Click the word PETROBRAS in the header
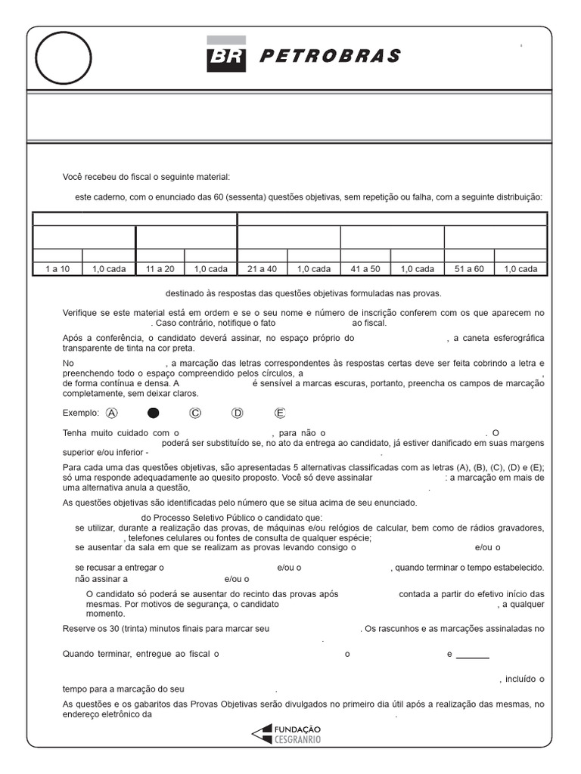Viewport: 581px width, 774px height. click(329, 56)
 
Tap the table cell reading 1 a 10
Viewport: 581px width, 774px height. click(57, 268)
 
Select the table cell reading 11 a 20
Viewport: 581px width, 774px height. click(160, 268)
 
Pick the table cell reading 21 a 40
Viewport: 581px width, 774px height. click(263, 268)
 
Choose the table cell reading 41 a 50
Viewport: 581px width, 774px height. click(366, 268)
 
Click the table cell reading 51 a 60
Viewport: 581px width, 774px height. click(469, 268)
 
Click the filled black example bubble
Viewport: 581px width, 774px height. click(154, 413)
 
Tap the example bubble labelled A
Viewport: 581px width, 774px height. click(113, 413)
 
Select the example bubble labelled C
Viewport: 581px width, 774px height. click(195, 413)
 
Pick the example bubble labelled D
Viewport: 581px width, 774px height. click(238, 413)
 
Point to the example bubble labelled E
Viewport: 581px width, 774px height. click(280, 413)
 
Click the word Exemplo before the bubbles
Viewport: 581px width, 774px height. click(80, 413)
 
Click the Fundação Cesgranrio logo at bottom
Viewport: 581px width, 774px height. click(290, 733)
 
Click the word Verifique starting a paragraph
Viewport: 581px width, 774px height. click(81, 313)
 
